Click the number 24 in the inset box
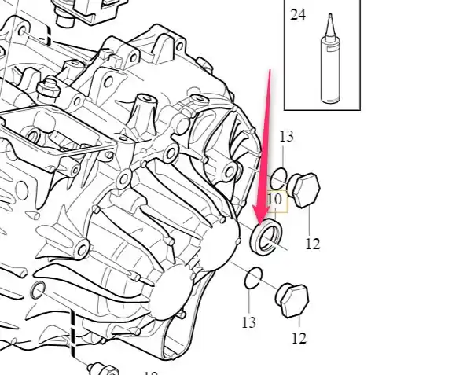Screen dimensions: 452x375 click(298, 15)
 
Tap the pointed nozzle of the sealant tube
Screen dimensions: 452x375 click(330, 25)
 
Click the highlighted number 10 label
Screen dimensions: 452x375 click(274, 200)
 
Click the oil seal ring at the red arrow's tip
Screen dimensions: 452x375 click(266, 237)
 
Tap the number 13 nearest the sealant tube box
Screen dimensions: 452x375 click(287, 136)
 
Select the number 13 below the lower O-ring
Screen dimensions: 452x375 click(248, 322)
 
